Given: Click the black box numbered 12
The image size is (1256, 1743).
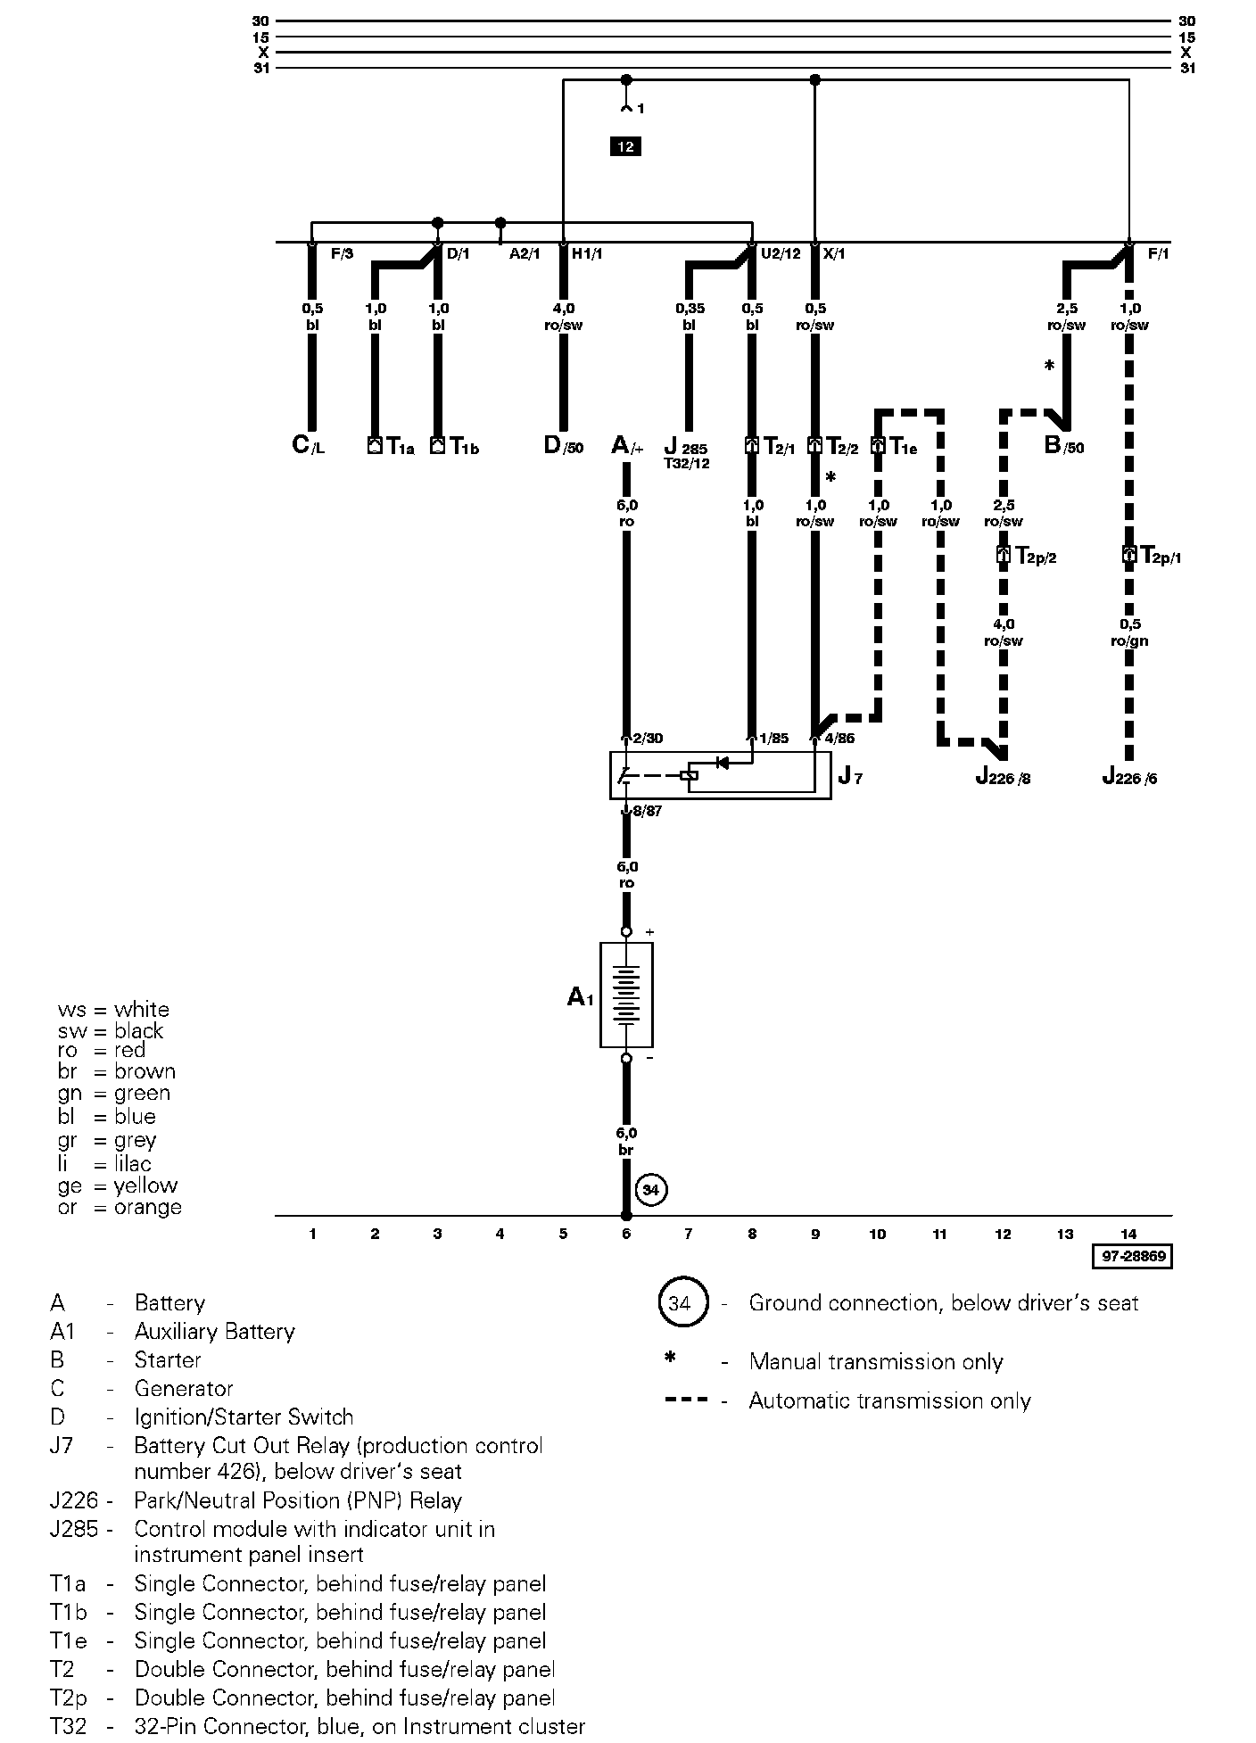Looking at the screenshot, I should [x=625, y=146].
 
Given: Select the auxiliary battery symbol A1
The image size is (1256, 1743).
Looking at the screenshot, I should [x=626, y=995].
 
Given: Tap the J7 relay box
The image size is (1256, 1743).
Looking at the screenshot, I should [x=720, y=775].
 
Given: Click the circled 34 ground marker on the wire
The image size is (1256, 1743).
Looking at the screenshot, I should [x=652, y=1190].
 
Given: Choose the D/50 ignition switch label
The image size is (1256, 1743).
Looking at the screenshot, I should [x=563, y=445].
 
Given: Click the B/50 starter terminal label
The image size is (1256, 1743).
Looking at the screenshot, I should [x=1064, y=445].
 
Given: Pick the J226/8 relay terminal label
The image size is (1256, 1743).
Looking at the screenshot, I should [x=1004, y=777].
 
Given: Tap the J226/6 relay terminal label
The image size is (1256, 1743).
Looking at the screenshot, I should [x=1129, y=777].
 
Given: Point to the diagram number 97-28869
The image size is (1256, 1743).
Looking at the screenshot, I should [x=1131, y=1256].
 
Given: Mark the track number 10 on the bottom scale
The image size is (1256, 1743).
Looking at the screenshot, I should [x=878, y=1234].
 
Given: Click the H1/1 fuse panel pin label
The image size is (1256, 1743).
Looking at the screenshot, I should [x=587, y=254].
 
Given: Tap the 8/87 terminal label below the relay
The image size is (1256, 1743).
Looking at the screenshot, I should [x=647, y=812].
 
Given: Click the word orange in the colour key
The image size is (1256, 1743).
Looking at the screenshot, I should [x=148, y=1207].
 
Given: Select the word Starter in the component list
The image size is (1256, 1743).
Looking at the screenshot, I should [x=168, y=1360].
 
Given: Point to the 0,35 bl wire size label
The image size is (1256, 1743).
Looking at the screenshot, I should [x=689, y=317].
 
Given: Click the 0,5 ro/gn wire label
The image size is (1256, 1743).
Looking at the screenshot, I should [x=1129, y=632].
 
